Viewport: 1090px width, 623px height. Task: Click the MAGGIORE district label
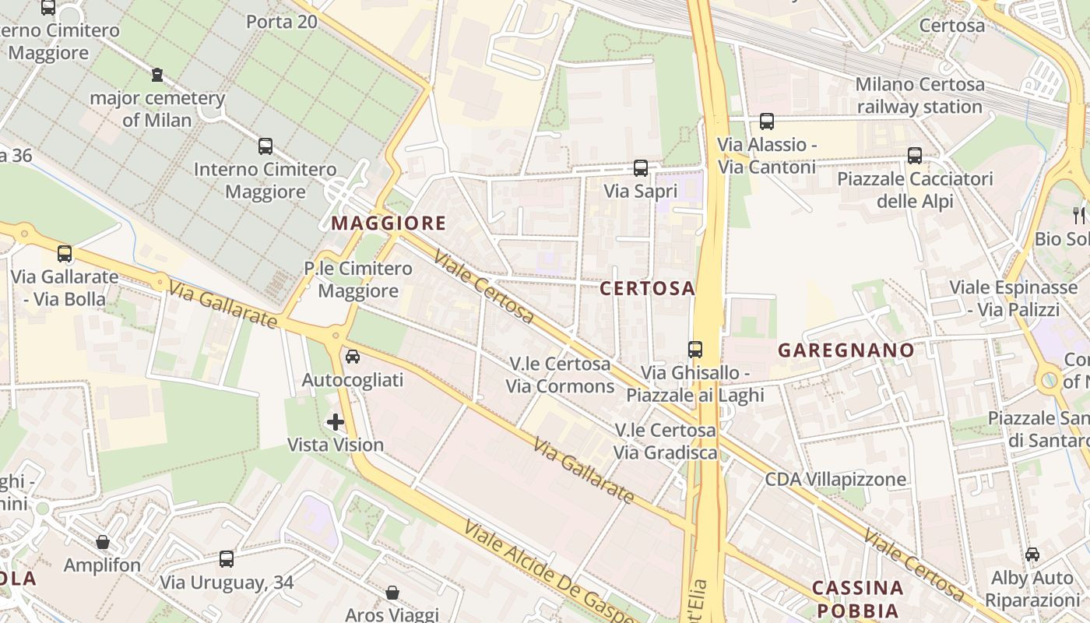tap(389, 224)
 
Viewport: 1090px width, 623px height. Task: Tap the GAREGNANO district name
tap(846, 350)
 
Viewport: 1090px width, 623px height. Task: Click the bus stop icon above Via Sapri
tap(641, 168)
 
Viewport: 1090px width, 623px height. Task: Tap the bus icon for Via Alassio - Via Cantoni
tap(767, 121)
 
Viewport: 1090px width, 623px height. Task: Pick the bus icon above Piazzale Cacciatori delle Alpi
tap(915, 156)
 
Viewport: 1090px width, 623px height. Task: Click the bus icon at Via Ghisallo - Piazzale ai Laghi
tap(695, 350)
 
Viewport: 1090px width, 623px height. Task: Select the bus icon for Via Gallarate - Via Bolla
tap(65, 253)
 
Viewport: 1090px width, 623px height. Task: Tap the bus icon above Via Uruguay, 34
tap(227, 558)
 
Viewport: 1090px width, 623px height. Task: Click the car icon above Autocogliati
tap(352, 357)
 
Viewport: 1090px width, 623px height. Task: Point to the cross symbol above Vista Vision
tap(336, 422)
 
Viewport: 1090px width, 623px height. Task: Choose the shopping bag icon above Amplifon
tap(103, 542)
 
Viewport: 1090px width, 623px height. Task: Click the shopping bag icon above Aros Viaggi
tap(392, 593)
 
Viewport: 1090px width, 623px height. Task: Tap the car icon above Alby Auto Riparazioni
tap(1032, 554)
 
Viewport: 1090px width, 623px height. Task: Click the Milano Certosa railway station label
tap(919, 95)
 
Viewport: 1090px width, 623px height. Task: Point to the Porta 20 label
tap(282, 21)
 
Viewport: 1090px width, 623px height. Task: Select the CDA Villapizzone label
tap(835, 479)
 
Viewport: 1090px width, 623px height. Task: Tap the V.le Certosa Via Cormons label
tap(560, 375)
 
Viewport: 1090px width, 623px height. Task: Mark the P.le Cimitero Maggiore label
tap(358, 280)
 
